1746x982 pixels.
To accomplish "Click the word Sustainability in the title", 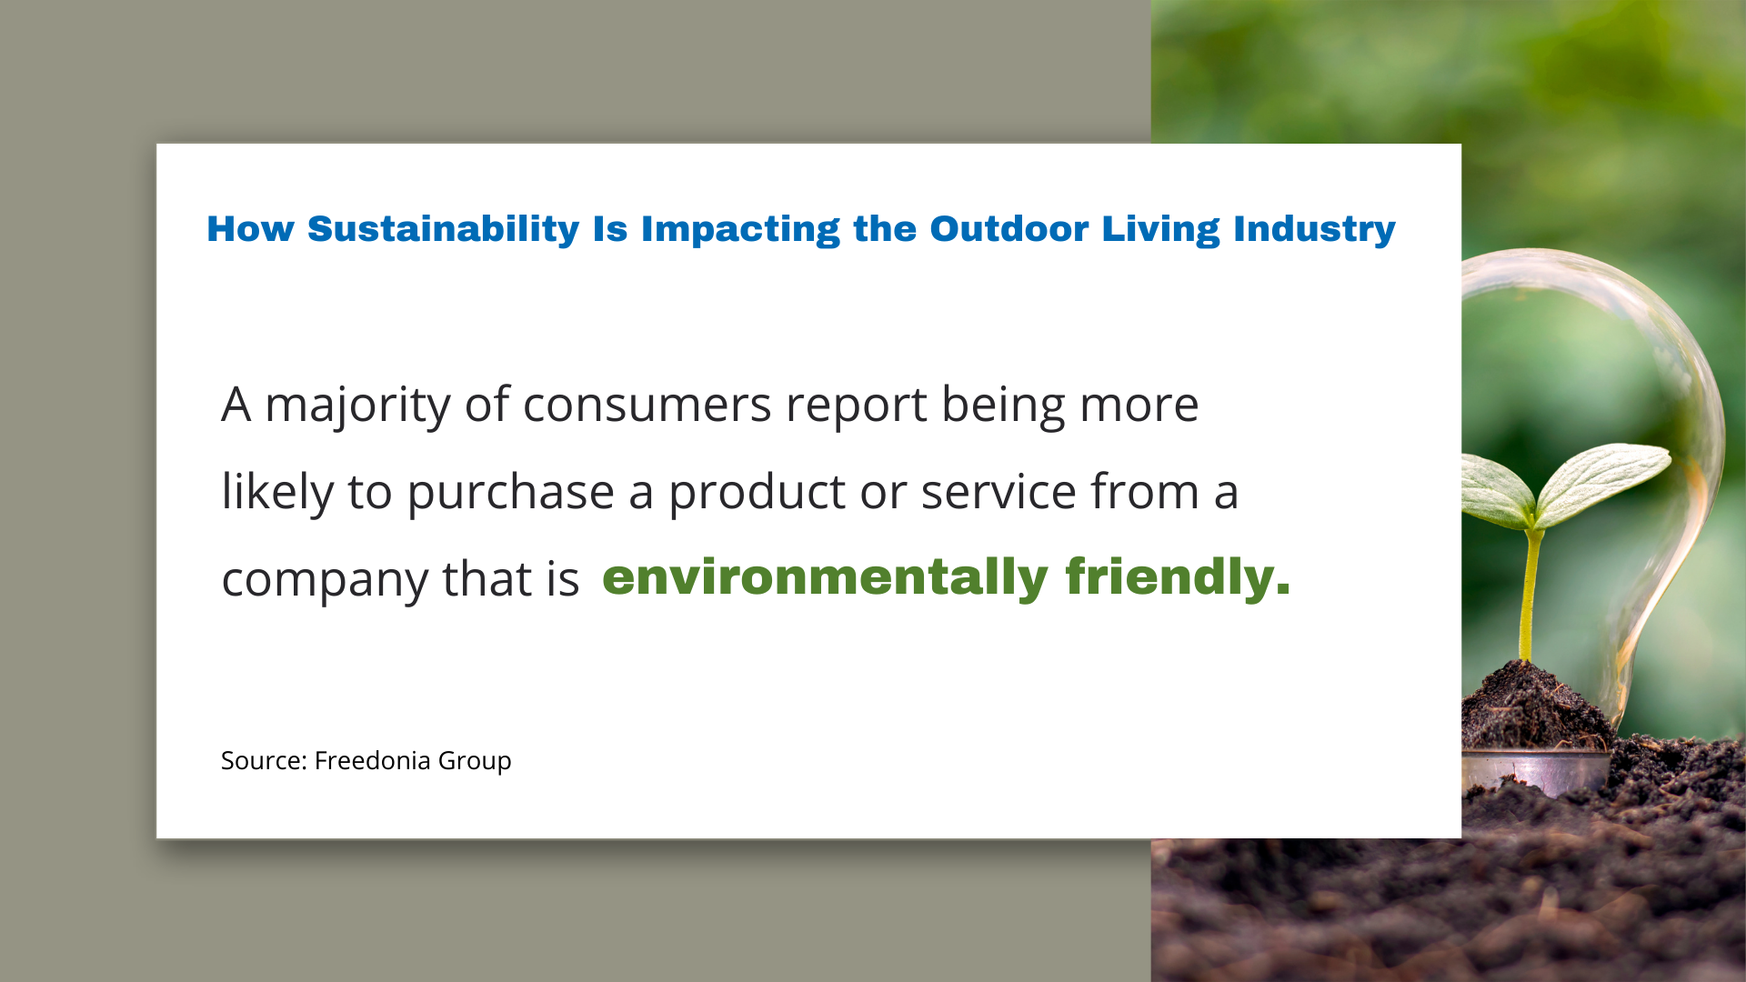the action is tap(443, 229).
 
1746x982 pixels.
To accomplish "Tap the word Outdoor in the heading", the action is tap(1008, 228).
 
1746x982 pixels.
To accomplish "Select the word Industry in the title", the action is tap(1314, 229).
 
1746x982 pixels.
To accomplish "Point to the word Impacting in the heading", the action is tap(740, 229).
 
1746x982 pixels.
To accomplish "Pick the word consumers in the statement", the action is tap(647, 406).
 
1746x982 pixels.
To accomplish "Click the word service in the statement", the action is tap(998, 492).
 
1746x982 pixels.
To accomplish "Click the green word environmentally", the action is tap(825, 577).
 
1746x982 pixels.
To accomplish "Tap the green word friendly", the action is tap(1178, 577).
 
